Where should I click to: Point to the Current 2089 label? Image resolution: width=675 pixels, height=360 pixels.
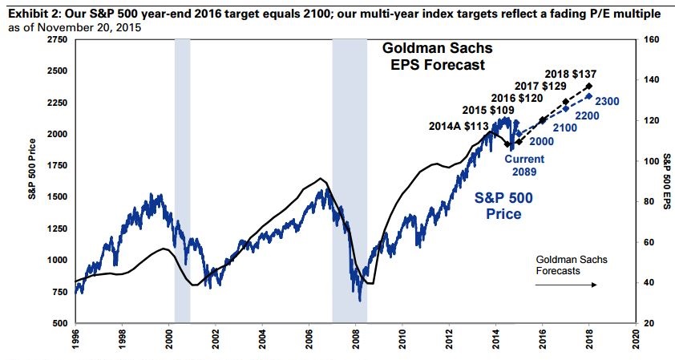click(525, 165)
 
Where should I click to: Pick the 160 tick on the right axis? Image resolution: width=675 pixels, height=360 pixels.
click(651, 39)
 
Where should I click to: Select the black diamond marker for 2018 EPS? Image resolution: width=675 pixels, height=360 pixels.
click(590, 86)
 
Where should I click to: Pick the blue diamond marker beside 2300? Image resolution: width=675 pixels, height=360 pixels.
click(590, 96)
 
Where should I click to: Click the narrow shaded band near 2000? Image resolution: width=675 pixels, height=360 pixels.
click(182, 180)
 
